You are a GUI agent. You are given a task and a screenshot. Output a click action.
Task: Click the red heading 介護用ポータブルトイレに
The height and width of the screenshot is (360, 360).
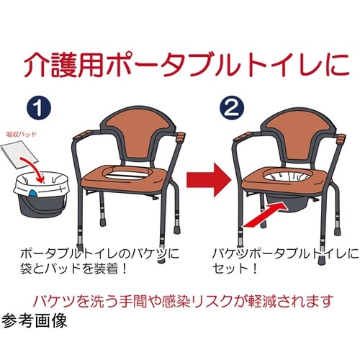(x=180, y=66)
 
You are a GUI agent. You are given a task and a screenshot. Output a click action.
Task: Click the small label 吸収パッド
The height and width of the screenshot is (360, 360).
(x=27, y=135)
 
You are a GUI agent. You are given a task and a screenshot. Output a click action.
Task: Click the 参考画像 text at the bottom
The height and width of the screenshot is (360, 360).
(x=35, y=321)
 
